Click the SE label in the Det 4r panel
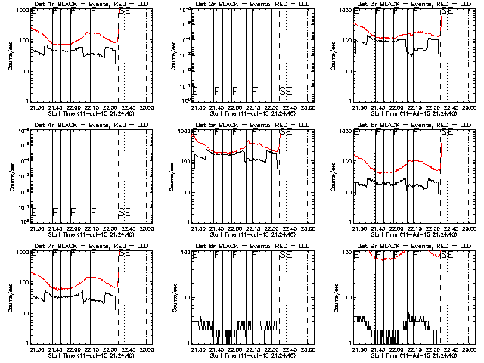tap(123, 211)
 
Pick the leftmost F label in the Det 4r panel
tap(54, 211)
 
